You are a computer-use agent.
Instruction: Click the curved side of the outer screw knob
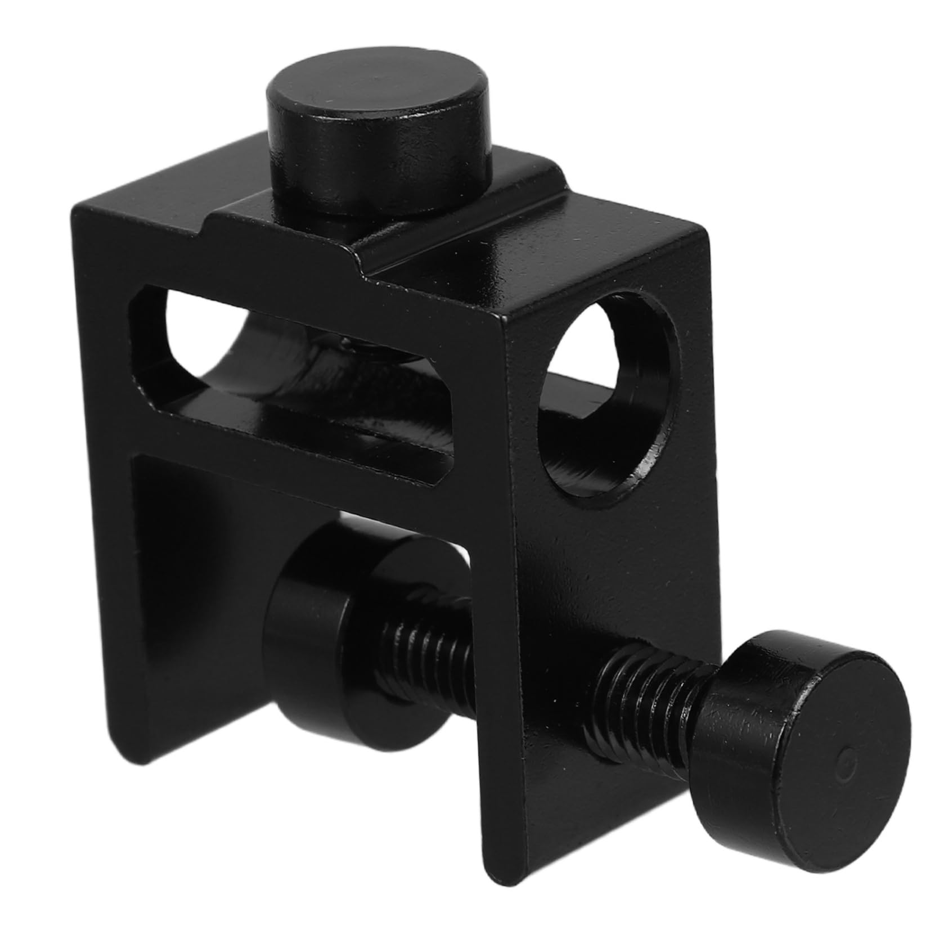731,743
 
